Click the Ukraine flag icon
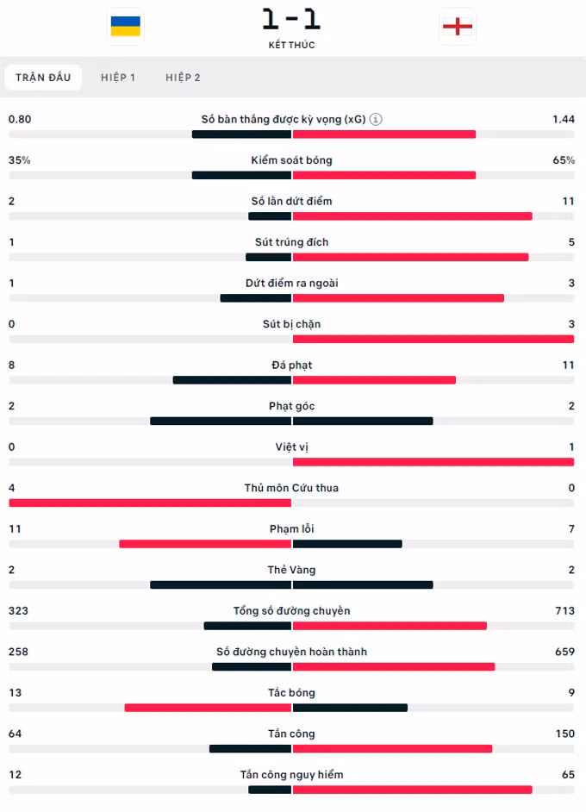click(x=125, y=27)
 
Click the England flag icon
click(x=458, y=27)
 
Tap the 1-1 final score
click(x=291, y=19)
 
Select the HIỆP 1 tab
click(x=118, y=78)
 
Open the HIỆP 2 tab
click(x=183, y=78)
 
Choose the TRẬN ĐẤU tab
click(x=43, y=78)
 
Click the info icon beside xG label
click(x=376, y=119)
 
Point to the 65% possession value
click(x=564, y=160)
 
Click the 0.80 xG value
click(x=20, y=119)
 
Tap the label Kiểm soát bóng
click(x=291, y=160)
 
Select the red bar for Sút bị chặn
click(x=433, y=340)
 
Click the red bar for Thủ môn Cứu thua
click(x=150, y=503)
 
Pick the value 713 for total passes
click(x=564, y=610)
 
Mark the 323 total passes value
click(x=18, y=610)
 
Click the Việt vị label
click(x=291, y=447)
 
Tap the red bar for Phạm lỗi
click(x=205, y=544)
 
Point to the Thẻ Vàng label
click(x=291, y=570)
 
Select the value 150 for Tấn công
click(x=564, y=734)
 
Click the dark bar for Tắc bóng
click(x=350, y=708)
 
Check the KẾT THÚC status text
click(x=291, y=45)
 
